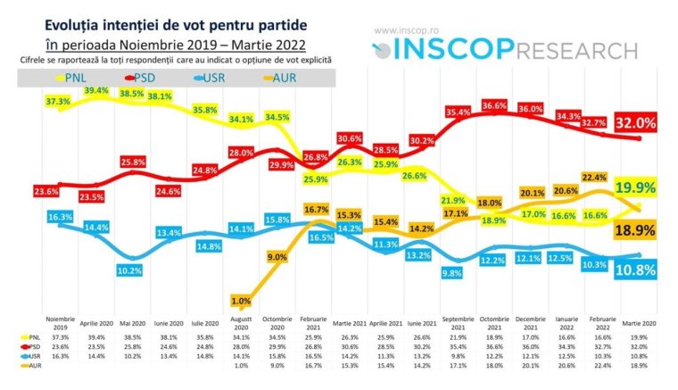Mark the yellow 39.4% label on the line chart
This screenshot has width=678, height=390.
95,91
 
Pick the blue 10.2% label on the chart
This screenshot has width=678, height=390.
131,270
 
